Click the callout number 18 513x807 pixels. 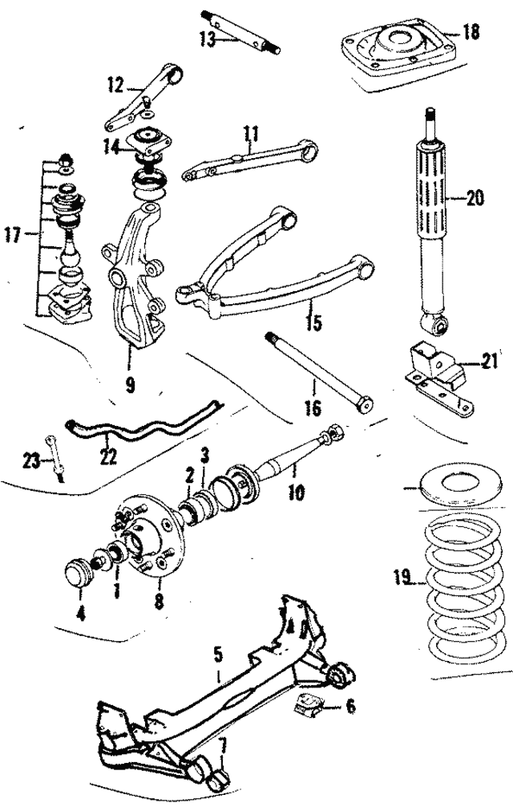tap(470, 33)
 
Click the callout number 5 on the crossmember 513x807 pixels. tap(216, 653)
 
